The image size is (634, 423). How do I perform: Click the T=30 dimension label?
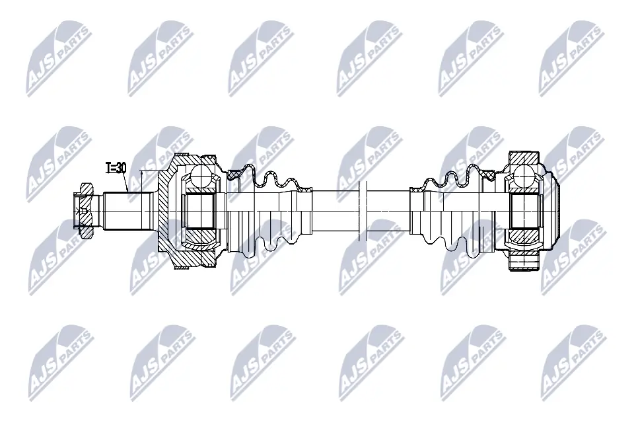[x=116, y=168]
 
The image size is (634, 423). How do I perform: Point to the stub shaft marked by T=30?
[x=125, y=210]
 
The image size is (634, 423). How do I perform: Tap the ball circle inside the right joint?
[x=526, y=176]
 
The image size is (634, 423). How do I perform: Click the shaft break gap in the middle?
[x=361, y=210]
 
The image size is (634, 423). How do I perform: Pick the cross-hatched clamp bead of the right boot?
[x=489, y=175]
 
